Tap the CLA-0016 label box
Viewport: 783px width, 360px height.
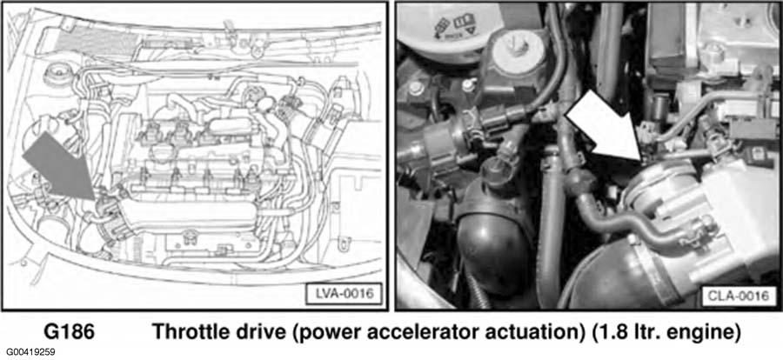tap(738, 296)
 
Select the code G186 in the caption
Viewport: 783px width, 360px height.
tap(69, 332)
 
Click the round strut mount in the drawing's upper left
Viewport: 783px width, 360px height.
tap(57, 76)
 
